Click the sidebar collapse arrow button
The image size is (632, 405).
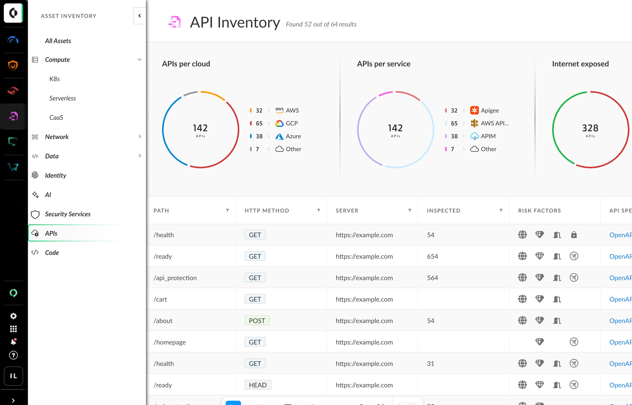(x=140, y=16)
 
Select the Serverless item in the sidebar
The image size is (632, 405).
(x=63, y=98)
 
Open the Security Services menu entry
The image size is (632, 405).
(x=68, y=214)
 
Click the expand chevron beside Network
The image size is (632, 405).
(x=140, y=137)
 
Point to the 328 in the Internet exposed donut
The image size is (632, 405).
(x=590, y=128)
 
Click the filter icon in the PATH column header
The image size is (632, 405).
(x=227, y=210)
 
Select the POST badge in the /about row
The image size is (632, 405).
(x=257, y=320)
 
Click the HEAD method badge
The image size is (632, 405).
(x=257, y=385)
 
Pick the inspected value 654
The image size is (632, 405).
(x=432, y=256)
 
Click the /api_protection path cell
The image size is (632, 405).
(x=175, y=278)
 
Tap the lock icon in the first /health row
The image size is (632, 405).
(x=574, y=234)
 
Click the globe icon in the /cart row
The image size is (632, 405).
(x=522, y=299)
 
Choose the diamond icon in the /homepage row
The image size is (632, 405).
(x=539, y=342)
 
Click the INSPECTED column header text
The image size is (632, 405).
(x=443, y=210)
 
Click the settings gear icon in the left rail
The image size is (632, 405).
(x=13, y=316)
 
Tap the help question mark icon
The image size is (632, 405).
(x=13, y=355)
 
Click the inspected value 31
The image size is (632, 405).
(x=431, y=363)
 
